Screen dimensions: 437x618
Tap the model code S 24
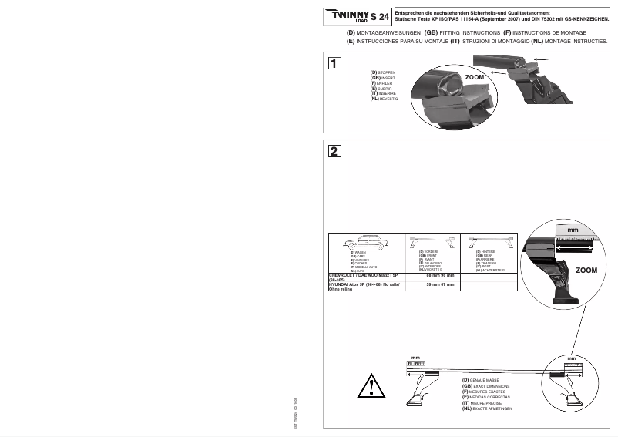coord(379,16)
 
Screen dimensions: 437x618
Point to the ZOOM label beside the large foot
coord(586,271)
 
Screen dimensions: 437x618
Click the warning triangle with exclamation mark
coord(374,383)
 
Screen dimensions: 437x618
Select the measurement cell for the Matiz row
coord(440,274)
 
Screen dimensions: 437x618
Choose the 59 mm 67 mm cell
coord(440,284)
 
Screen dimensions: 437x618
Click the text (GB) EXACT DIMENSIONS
coord(490,385)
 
